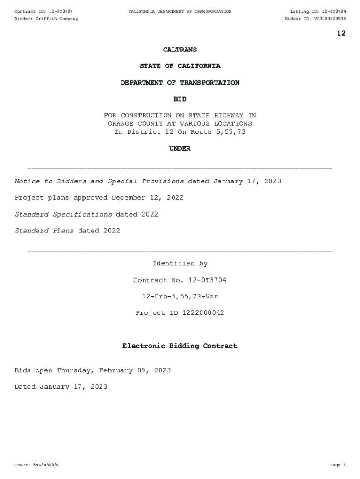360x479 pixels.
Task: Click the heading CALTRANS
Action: pyautogui.click(x=180, y=50)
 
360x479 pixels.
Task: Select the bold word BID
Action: pyautogui.click(x=180, y=99)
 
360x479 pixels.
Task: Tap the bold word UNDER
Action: pyautogui.click(x=180, y=149)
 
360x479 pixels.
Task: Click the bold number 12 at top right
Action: pyautogui.click(x=341, y=33)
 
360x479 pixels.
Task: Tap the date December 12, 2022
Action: pyautogui.click(x=148, y=198)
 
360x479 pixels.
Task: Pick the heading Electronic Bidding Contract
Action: pyautogui.click(x=180, y=346)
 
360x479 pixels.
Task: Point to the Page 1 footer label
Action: pyautogui.click(x=337, y=465)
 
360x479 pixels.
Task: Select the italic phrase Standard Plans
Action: pyautogui.click(x=44, y=231)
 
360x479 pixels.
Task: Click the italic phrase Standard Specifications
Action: pyautogui.click(x=64, y=214)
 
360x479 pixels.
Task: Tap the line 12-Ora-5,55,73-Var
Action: pyautogui.click(x=180, y=297)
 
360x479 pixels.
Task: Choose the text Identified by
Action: pyautogui.click(x=180, y=264)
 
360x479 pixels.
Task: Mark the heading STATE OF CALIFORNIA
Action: pyautogui.click(x=180, y=66)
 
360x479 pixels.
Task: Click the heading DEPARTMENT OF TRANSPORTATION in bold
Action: pyautogui.click(x=180, y=83)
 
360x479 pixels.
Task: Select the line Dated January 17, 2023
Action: pyautogui.click(x=61, y=387)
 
